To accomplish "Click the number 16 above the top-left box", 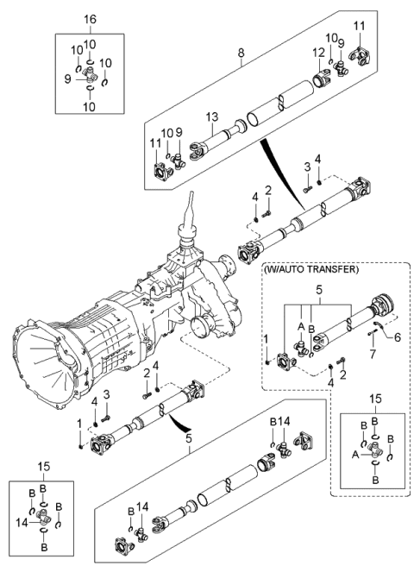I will (91, 18).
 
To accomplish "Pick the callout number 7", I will (373, 355).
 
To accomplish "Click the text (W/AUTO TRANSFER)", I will (313, 269).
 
